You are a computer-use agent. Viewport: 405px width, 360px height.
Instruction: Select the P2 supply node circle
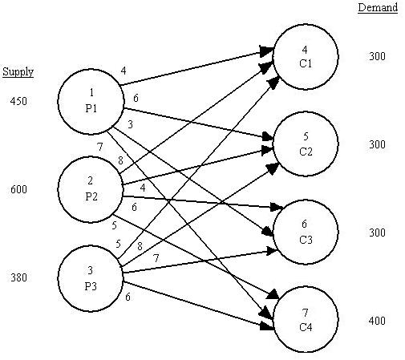(89, 190)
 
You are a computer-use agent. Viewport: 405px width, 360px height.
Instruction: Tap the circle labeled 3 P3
(89, 278)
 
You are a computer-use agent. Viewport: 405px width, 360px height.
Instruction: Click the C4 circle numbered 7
(306, 322)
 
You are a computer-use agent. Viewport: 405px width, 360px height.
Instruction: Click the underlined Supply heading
(18, 71)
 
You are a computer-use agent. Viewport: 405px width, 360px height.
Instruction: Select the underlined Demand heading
(378, 7)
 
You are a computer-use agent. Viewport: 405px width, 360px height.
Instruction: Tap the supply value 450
(18, 102)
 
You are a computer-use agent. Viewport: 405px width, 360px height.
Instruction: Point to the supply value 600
(18, 190)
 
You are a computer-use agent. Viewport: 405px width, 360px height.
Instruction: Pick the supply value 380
(18, 278)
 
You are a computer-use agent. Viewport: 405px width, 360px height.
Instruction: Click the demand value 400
(378, 322)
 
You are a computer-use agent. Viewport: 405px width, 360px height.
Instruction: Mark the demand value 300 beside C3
(378, 233)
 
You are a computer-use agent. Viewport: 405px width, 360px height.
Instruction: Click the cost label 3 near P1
(131, 124)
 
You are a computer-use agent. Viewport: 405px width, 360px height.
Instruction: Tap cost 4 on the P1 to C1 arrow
(123, 71)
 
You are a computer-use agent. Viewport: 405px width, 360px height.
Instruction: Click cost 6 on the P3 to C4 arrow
(128, 297)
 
